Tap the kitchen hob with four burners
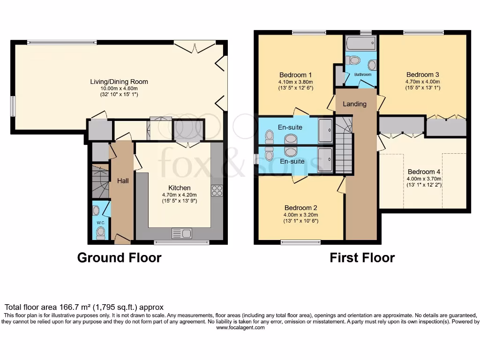pos(217,190)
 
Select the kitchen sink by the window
pos(181,233)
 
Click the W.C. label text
pos(100,222)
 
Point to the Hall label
pos(123,180)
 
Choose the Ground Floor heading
pos(119,258)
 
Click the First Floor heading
pos(362,258)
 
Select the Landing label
pos(354,104)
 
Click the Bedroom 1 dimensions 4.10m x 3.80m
pos(296,82)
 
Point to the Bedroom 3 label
pos(422,75)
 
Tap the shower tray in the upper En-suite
pos(325,130)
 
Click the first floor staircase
pos(343,145)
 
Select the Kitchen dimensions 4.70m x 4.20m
pos(180,195)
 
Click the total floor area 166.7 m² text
pos(84,307)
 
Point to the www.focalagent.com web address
pos(240,328)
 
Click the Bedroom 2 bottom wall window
pos(301,242)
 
